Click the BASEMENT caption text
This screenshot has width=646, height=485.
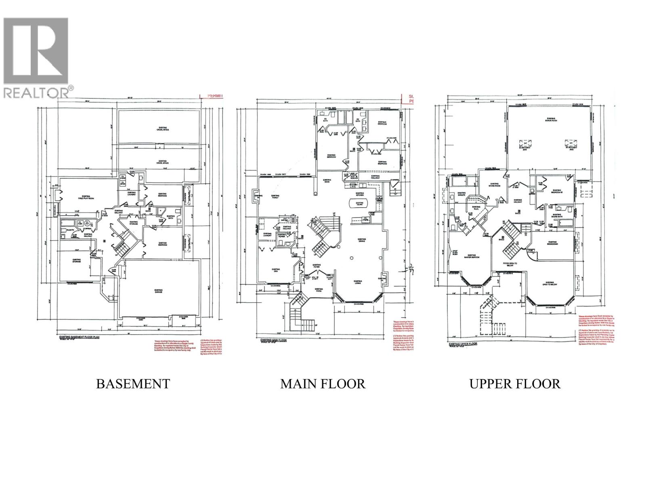[x=133, y=384]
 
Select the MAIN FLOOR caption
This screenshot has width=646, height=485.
[x=323, y=384]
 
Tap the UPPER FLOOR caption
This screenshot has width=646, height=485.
[x=514, y=384]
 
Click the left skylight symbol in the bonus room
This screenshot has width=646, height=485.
[x=525, y=144]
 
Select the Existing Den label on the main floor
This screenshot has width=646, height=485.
[x=276, y=270]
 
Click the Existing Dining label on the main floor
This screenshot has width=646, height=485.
[x=362, y=240]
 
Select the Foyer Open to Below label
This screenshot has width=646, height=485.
[x=510, y=263]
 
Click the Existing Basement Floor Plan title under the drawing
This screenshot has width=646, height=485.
[x=79, y=336]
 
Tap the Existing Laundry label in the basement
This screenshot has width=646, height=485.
[x=131, y=194]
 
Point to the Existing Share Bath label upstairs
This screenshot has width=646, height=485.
[x=558, y=216]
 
